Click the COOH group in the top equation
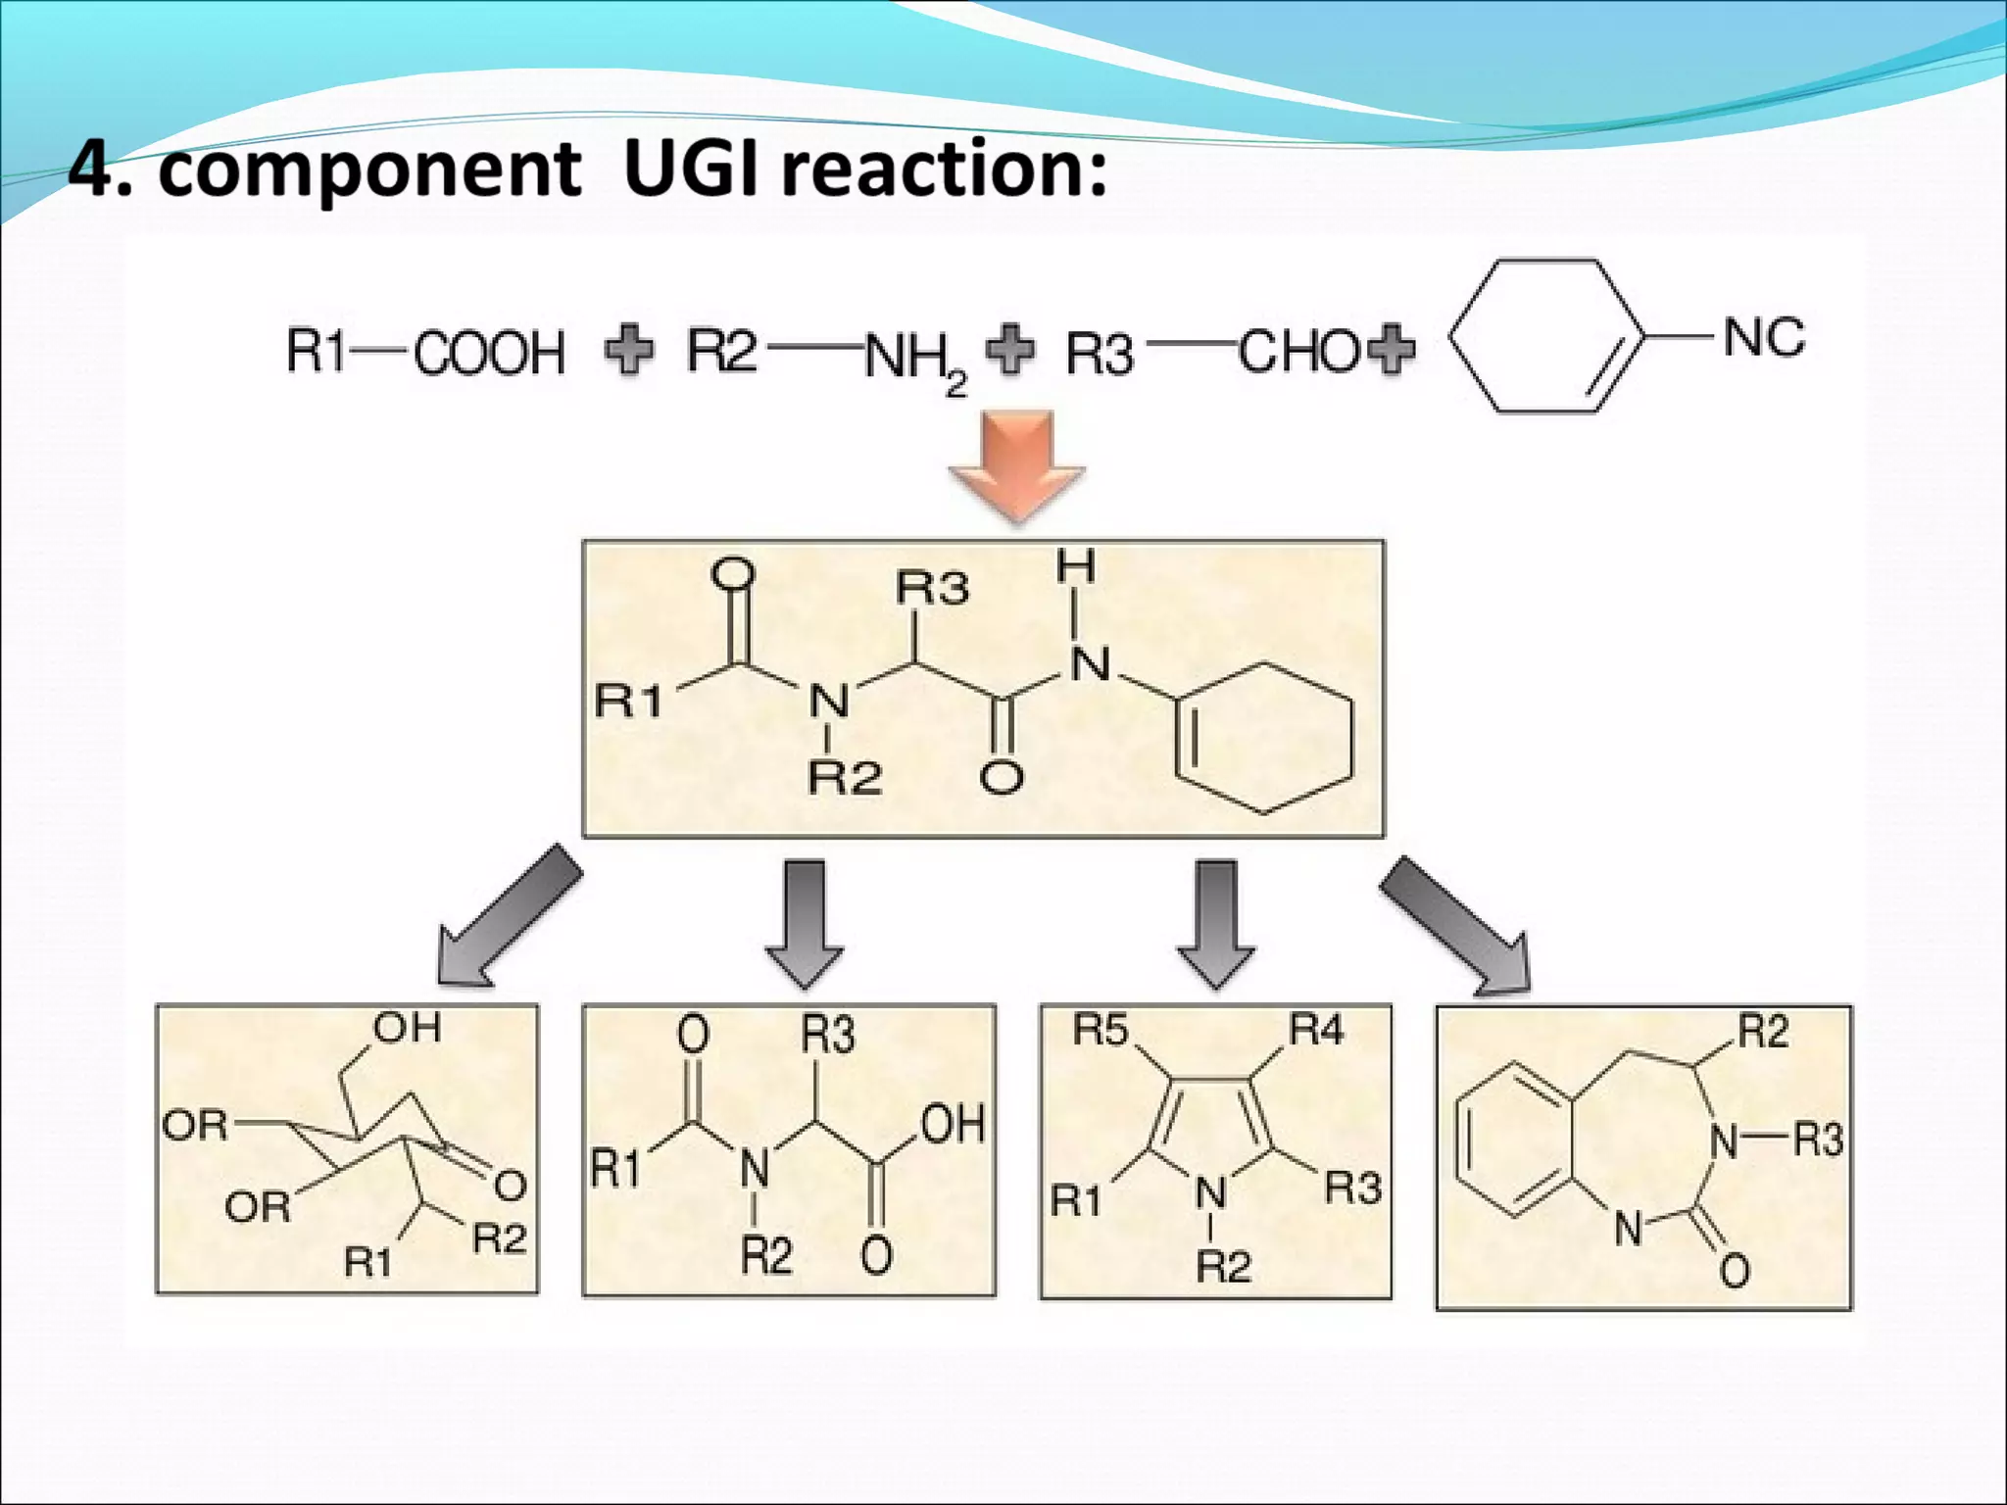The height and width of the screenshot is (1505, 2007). [489, 353]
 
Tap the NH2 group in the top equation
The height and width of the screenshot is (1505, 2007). [912, 359]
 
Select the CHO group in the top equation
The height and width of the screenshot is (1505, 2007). [1297, 351]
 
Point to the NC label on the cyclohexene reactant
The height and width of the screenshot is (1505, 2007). [1763, 337]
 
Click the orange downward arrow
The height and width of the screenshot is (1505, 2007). [1017, 462]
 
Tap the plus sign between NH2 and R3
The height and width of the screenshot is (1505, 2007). [1009, 349]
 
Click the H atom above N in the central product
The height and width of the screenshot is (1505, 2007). [1075, 567]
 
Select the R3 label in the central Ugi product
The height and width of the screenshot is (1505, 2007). [932, 588]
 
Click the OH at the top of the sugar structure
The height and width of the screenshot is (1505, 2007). [408, 1028]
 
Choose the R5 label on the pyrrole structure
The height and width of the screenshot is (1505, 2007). [1101, 1030]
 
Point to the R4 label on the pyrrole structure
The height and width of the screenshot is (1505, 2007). [1316, 1030]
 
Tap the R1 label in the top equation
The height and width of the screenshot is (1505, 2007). [317, 351]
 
